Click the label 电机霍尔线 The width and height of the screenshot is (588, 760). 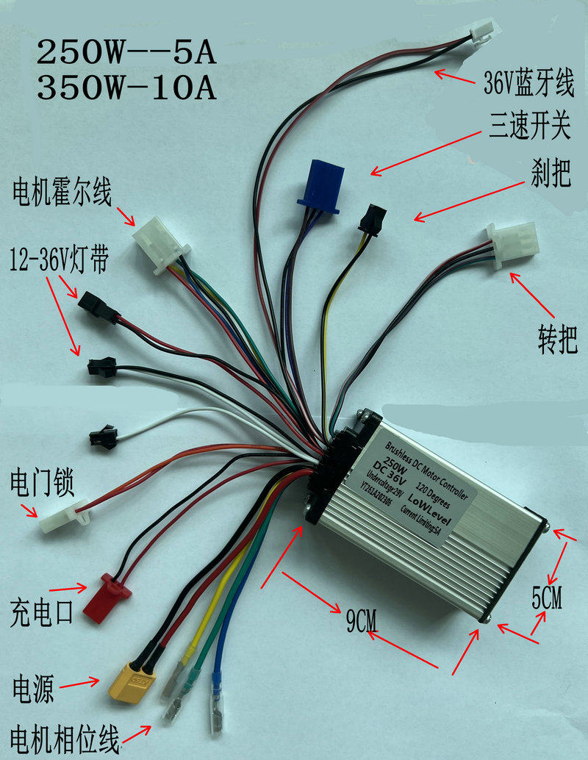pos(61,195)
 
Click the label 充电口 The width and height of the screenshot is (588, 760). pos(42,610)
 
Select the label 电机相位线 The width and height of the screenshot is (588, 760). pos(64,738)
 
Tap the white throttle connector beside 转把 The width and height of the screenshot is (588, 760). pos(512,243)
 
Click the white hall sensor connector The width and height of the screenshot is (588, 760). pos(159,237)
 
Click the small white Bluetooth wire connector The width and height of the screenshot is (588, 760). pos(479,30)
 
